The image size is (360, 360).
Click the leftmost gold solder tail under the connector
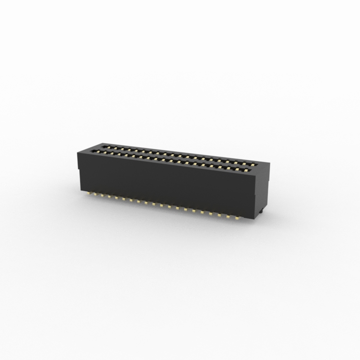89,193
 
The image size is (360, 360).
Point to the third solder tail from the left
103,195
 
